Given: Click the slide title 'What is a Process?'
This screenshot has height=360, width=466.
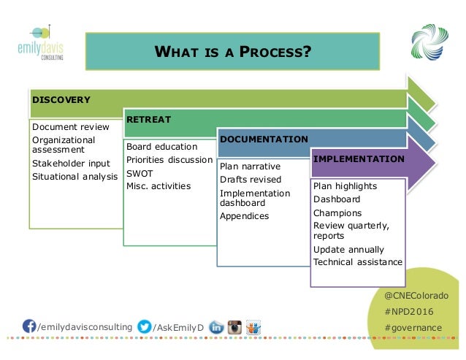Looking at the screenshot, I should (x=232, y=52).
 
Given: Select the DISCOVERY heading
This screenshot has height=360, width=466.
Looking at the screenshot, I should (x=61, y=100).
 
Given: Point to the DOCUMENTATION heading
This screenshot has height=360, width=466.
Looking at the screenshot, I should (x=264, y=139).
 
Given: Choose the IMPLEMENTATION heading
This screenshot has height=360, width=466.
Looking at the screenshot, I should (x=359, y=158).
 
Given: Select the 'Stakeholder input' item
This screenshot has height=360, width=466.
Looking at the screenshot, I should (x=71, y=164).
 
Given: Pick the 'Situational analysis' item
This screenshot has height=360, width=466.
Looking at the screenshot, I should (x=75, y=177).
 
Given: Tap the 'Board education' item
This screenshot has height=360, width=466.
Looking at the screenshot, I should (x=156, y=147).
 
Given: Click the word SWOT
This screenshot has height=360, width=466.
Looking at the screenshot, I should (x=140, y=173).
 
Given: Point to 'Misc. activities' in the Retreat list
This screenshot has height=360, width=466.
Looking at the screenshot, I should (x=158, y=186).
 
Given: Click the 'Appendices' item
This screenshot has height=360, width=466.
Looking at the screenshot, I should (x=244, y=216).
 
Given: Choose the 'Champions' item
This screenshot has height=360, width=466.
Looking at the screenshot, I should (x=337, y=213).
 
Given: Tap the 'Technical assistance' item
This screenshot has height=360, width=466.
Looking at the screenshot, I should (x=357, y=262).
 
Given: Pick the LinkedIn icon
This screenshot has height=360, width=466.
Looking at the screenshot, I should (x=216, y=327).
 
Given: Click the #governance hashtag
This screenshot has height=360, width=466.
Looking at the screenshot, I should (x=413, y=327).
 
